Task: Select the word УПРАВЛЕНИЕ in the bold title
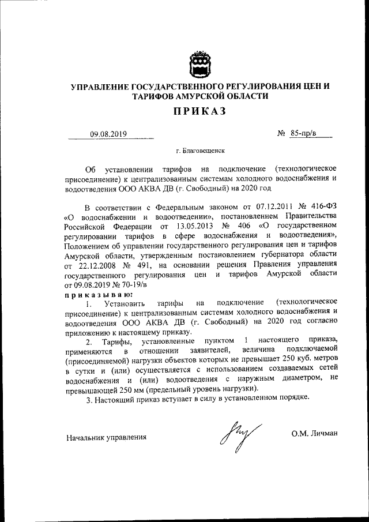point(100,87)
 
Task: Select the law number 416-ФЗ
point(319,206)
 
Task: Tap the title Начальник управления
point(106,437)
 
